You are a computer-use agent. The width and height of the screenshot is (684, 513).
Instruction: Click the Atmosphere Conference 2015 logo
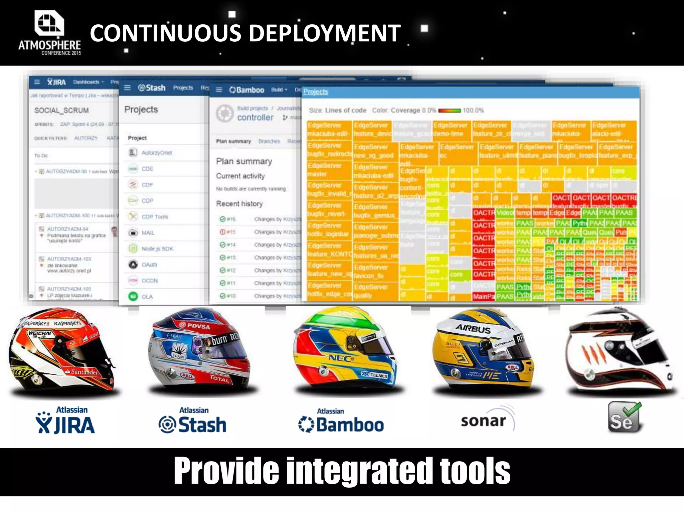coord(49,33)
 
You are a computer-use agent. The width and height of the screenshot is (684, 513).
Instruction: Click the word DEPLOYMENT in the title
coord(325,33)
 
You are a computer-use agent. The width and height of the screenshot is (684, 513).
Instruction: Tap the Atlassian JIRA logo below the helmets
coord(65,421)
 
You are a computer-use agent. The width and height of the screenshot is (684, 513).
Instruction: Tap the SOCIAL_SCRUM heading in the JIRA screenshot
coord(61,111)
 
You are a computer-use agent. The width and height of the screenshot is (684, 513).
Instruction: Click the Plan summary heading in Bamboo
coord(244,162)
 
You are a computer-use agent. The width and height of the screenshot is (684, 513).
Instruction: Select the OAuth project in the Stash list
coord(149,265)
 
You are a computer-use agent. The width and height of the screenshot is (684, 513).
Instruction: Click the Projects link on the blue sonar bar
coord(316,92)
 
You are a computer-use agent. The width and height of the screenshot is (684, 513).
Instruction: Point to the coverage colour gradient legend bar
coord(449,111)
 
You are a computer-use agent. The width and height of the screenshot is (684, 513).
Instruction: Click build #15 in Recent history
coord(231,232)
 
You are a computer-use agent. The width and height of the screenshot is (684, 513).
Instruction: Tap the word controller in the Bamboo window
coord(255,118)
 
